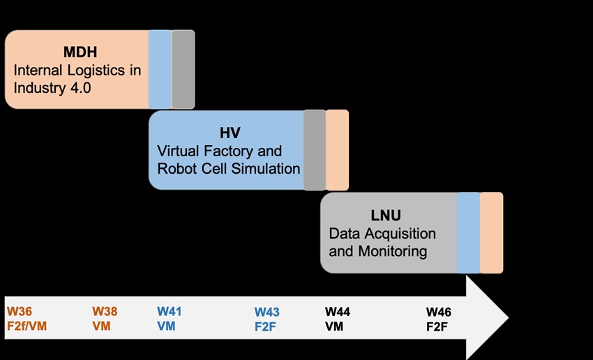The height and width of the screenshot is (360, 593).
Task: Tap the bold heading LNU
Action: point(392,215)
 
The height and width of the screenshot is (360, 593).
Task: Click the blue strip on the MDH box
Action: point(160,70)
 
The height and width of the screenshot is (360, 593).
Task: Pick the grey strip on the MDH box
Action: point(183,70)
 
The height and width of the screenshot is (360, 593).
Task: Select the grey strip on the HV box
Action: point(315,150)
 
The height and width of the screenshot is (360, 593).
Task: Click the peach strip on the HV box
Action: point(338,150)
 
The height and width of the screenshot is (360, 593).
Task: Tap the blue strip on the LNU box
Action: point(468,232)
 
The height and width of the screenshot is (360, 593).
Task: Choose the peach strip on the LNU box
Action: point(491,232)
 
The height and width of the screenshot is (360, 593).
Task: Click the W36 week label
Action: point(20,311)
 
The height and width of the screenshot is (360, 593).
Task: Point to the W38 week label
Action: point(105,311)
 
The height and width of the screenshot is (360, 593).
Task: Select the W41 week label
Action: point(170,311)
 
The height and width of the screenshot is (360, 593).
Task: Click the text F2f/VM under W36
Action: point(27,325)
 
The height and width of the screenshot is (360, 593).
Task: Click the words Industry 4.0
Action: point(52,89)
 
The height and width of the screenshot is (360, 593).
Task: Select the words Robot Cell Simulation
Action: point(229,169)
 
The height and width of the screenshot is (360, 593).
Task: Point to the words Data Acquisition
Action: point(382,234)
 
